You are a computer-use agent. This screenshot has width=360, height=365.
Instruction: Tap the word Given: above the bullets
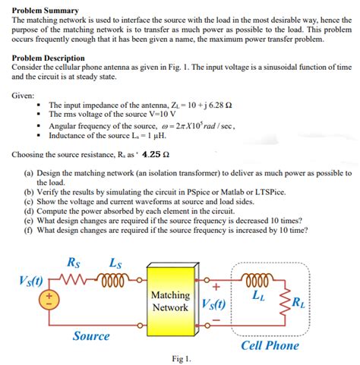pyautogui.click(x=27, y=96)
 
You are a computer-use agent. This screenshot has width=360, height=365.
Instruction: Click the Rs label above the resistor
pyautogui.click(x=74, y=263)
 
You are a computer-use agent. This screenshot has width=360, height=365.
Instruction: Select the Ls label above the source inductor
pyautogui.click(x=115, y=263)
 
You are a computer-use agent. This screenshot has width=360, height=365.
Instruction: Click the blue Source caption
pyautogui.click(x=91, y=335)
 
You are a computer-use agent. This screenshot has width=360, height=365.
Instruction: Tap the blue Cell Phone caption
pyautogui.click(x=270, y=345)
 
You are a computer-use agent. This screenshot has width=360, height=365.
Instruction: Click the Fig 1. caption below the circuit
pyautogui.click(x=182, y=357)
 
